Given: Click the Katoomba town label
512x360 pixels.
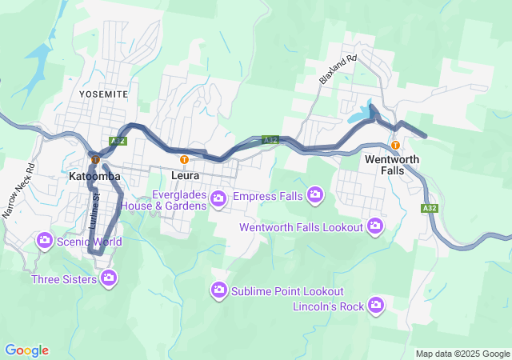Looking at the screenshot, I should pyautogui.click(x=94, y=175).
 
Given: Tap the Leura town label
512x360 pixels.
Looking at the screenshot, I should pyautogui.click(x=185, y=174).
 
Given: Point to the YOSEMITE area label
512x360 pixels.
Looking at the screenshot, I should pyautogui.click(x=103, y=94).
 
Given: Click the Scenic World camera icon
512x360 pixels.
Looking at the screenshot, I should pyautogui.click(x=45, y=240).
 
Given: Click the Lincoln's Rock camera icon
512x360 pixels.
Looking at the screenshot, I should pyautogui.click(x=376, y=305).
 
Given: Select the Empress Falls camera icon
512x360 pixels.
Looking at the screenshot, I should pyautogui.click(x=315, y=194).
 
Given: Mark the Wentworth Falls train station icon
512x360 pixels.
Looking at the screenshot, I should pyautogui.click(x=396, y=145).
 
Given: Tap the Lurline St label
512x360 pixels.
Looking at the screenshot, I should pyautogui.click(x=97, y=206).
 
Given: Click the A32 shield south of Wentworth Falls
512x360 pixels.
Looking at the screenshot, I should pyautogui.click(x=430, y=208).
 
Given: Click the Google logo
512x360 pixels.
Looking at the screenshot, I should pyautogui.click(x=26, y=350).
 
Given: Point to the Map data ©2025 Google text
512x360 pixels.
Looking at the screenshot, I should pyautogui.click(x=462, y=354).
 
